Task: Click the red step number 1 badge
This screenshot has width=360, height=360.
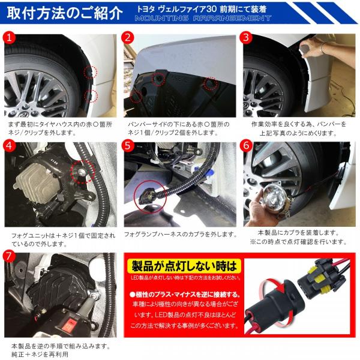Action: (10, 37)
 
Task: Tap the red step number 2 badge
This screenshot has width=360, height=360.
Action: (128, 37)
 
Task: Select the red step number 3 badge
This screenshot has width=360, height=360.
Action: (245, 37)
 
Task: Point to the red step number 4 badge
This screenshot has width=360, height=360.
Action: (10, 146)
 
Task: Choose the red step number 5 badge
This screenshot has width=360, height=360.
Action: (128, 146)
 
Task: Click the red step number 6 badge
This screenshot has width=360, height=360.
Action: (245, 146)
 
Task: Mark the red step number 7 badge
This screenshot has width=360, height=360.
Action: (10, 254)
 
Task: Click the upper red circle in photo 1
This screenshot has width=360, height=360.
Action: (90, 73)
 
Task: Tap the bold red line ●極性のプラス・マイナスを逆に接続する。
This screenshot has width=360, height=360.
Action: (185, 295)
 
